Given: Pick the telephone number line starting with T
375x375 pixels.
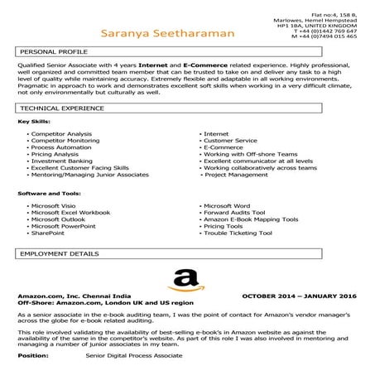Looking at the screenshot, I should (x=325, y=31).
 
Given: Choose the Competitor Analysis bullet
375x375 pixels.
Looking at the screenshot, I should (x=61, y=133).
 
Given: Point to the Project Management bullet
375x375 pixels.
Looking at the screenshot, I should (x=237, y=175).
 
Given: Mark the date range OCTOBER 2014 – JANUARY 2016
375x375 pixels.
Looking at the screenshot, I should (x=299, y=296).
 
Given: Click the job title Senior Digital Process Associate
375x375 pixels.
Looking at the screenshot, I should (x=134, y=355).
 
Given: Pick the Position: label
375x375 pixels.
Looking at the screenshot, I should (x=32, y=355).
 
